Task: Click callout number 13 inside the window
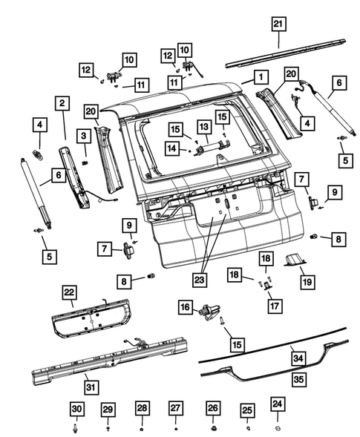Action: click(203, 129)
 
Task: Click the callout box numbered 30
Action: click(76, 410)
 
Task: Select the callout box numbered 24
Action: click(276, 404)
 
